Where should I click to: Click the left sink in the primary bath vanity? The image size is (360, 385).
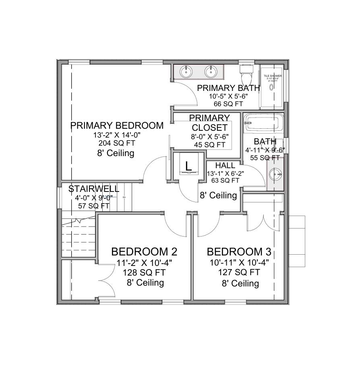pyautogui.click(x=186, y=72)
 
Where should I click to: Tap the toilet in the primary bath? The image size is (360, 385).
pyautogui.click(x=246, y=74)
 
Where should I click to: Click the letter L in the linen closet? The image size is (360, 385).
pyautogui.click(x=188, y=165)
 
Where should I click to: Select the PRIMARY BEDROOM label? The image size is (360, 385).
pyautogui.click(x=117, y=126)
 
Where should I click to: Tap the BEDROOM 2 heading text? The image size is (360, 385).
pyautogui.click(x=144, y=252)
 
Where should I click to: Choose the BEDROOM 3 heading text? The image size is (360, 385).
pyautogui.click(x=239, y=252)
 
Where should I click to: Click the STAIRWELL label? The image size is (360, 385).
pyautogui.click(x=93, y=189)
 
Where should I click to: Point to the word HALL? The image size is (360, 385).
pyautogui.click(x=225, y=166)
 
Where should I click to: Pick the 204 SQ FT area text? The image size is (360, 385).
pyautogui.click(x=116, y=143)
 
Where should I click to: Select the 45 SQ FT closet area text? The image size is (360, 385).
pyautogui.click(x=209, y=144)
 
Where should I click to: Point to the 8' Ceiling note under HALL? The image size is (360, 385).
pyautogui.click(x=218, y=196)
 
